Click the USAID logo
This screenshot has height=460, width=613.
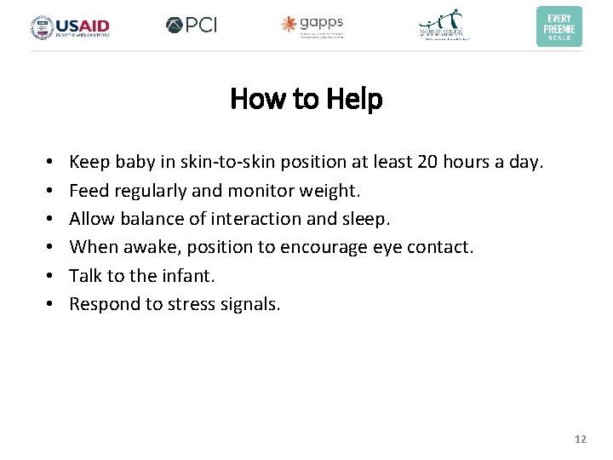click(x=70, y=27)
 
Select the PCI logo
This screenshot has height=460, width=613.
click(x=192, y=26)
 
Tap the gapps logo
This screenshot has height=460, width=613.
click(x=312, y=26)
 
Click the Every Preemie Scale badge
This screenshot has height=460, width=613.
click(x=559, y=26)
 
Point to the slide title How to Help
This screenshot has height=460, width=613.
click(x=306, y=100)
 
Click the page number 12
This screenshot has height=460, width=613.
click(x=581, y=440)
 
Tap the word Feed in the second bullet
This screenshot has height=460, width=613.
click(x=86, y=190)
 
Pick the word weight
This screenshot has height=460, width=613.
click(x=335, y=191)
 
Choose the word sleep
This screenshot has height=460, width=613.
click(x=364, y=219)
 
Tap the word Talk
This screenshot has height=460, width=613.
click(x=83, y=275)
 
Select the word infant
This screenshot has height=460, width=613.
click(x=189, y=275)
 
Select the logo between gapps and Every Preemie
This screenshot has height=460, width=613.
click(x=444, y=26)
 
